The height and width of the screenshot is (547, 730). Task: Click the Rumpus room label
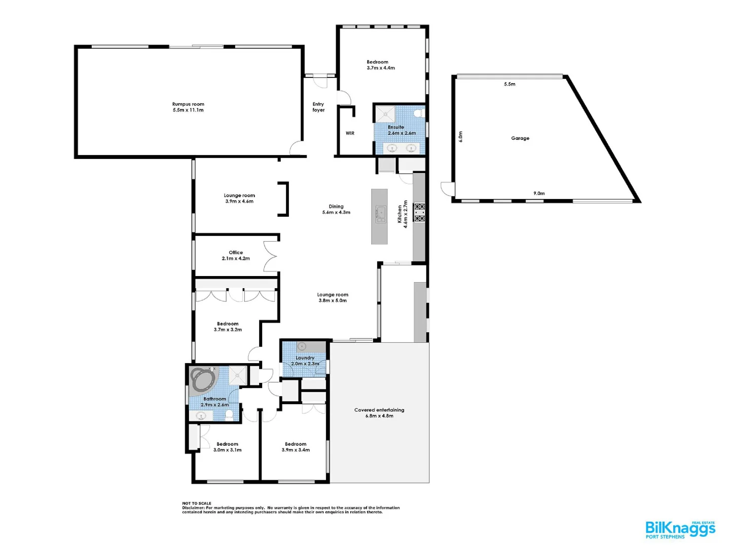188,107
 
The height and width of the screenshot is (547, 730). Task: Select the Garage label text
520,138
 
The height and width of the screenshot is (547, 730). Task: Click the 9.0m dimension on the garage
539,193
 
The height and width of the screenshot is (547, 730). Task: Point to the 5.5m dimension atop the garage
509,84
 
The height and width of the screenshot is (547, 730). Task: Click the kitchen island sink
380,214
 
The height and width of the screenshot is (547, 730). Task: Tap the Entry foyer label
318,107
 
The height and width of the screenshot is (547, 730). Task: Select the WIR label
350,133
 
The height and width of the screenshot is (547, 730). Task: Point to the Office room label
236,255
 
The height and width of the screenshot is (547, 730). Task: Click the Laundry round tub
302,346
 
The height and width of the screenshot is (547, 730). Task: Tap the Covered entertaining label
379,413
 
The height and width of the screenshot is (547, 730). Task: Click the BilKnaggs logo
680,529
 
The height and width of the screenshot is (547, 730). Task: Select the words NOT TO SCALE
197,503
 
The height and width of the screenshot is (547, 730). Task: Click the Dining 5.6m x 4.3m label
336,209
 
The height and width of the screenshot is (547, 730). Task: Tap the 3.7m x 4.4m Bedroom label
381,65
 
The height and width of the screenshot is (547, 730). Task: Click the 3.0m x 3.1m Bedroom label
227,447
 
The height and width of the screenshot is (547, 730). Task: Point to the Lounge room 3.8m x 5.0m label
333,297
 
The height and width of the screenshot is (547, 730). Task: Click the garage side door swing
446,189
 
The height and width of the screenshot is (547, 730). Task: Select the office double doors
271,256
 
